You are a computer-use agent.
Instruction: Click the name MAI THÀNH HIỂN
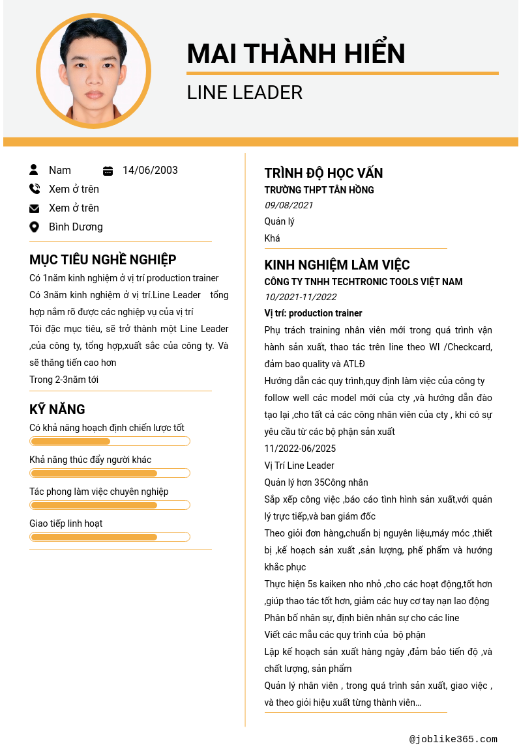tap(296, 53)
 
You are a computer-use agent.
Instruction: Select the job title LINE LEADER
tap(245, 92)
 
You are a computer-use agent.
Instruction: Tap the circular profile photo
tap(93, 71)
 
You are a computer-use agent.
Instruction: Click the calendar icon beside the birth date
tap(108, 171)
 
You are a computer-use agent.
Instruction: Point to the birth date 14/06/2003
tap(150, 170)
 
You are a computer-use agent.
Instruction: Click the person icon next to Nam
tap(34, 170)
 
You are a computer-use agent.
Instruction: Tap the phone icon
tap(35, 189)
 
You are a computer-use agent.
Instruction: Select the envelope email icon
tap(35, 208)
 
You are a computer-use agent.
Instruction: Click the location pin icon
tap(35, 227)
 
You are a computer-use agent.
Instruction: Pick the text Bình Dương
tap(76, 227)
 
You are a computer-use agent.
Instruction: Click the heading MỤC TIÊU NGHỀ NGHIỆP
tap(103, 260)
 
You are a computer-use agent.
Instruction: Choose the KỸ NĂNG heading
tap(57, 410)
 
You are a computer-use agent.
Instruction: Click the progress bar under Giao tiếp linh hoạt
tap(110, 537)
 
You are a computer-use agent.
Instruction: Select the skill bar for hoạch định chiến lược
tap(110, 441)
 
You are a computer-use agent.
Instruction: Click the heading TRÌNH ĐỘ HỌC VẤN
tap(323, 173)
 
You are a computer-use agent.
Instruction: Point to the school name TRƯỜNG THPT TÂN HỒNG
tap(319, 190)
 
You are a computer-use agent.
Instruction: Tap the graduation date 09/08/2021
tap(289, 205)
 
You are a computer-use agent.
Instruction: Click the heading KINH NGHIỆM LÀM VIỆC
tap(337, 265)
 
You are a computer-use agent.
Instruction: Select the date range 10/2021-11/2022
tap(301, 297)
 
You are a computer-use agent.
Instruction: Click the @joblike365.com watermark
tap(453, 739)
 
